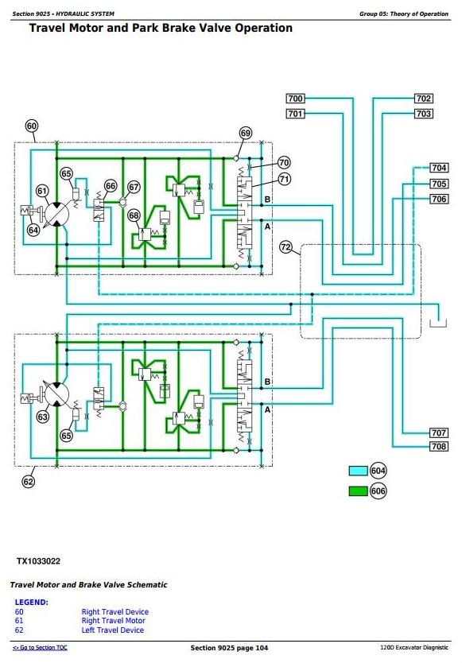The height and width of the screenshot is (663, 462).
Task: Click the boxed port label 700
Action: (x=295, y=99)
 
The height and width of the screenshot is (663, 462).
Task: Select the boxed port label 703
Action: (x=423, y=114)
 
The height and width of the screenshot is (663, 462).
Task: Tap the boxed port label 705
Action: (x=439, y=184)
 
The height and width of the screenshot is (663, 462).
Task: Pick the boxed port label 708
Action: (x=439, y=446)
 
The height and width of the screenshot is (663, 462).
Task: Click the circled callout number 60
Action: (x=32, y=126)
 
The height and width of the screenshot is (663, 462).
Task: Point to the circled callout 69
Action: (x=246, y=134)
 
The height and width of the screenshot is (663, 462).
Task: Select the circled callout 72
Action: (x=286, y=247)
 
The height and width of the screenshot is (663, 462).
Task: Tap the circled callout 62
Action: (x=29, y=482)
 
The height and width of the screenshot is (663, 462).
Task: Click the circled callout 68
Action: (x=134, y=215)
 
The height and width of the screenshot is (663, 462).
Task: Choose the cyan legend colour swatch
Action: (x=358, y=471)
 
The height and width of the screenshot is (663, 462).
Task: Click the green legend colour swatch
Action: (x=358, y=491)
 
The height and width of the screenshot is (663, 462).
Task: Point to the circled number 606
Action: (x=378, y=491)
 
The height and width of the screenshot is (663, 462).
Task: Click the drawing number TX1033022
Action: (x=38, y=561)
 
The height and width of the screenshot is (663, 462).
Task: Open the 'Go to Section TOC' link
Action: (x=40, y=647)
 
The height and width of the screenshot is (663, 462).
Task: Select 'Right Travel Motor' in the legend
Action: (x=114, y=621)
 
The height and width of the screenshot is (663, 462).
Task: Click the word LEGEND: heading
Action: (x=32, y=602)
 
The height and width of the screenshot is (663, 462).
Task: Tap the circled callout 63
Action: (x=43, y=417)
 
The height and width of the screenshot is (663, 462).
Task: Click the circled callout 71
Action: (x=285, y=180)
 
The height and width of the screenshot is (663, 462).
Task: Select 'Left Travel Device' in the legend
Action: (x=113, y=630)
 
